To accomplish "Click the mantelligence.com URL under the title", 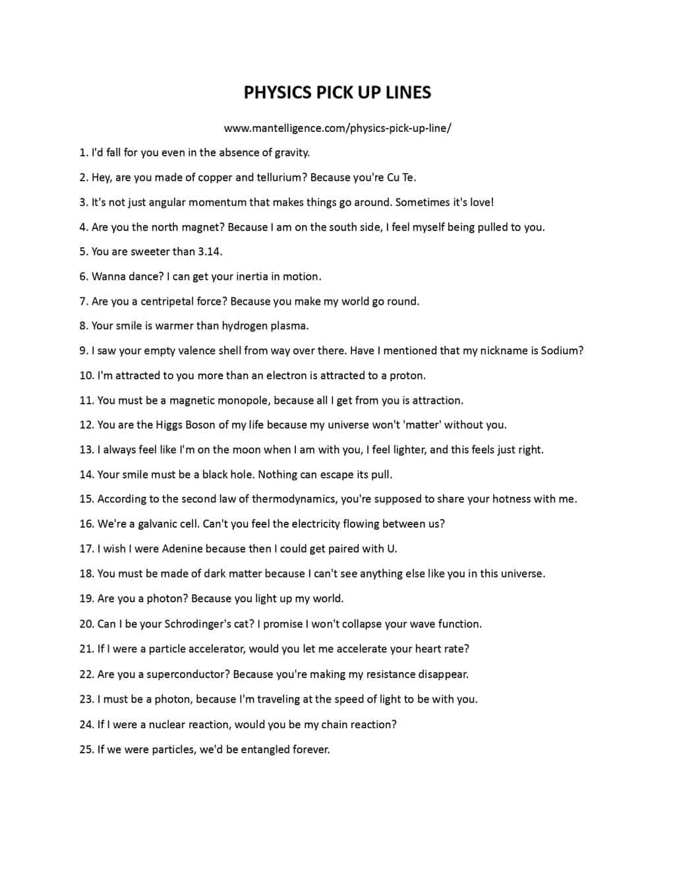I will tap(337, 128).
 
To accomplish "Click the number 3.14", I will tap(210, 251).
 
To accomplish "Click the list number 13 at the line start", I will tap(86, 450).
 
